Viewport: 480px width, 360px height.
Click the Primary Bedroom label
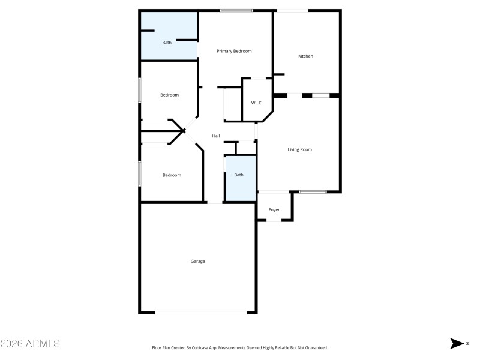(234, 51)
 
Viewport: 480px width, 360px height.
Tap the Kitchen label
(306, 56)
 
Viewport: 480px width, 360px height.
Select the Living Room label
(300, 149)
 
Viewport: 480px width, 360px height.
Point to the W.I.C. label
(257, 103)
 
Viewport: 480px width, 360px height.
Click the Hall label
(216, 136)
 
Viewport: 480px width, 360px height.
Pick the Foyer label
(274, 210)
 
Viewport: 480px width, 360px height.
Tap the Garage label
(198, 261)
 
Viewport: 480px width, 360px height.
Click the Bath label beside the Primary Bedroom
(167, 43)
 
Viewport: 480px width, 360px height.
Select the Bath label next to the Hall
(239, 175)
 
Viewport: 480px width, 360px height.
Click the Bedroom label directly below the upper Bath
(169, 95)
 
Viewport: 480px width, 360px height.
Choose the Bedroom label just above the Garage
(172, 175)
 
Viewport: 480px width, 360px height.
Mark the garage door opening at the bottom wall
(200, 312)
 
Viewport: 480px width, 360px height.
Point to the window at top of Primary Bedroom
(236, 10)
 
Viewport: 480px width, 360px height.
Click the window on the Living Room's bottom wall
(313, 191)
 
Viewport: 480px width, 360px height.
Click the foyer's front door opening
(274, 221)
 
